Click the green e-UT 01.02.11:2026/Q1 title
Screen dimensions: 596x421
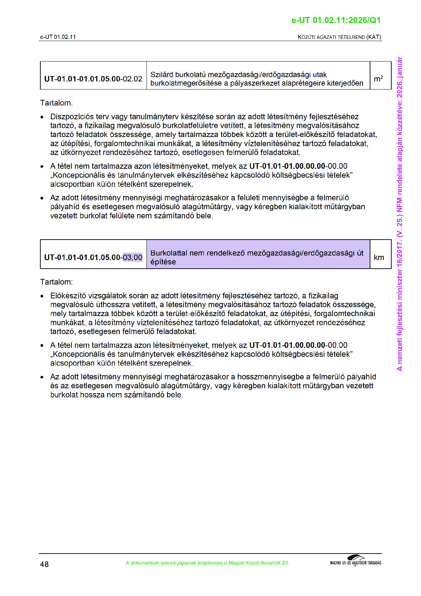point(336,20)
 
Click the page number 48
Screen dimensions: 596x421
point(44,564)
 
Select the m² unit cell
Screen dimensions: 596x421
point(379,79)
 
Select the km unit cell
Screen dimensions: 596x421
point(379,257)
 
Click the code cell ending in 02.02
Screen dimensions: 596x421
point(93,79)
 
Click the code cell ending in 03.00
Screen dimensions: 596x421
point(93,257)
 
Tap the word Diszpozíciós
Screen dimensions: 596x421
point(73,117)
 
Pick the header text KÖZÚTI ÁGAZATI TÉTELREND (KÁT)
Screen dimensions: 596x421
point(339,37)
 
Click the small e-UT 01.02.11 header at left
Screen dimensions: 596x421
point(58,37)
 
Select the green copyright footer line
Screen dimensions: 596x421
point(207,563)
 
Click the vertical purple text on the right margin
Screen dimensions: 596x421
point(399,214)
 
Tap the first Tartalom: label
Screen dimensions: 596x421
point(56,103)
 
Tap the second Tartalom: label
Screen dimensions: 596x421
point(56,282)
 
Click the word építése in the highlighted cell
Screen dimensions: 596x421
point(163,262)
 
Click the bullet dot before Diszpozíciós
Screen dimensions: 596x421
point(42,117)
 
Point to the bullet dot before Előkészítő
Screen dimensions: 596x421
point(42,296)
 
